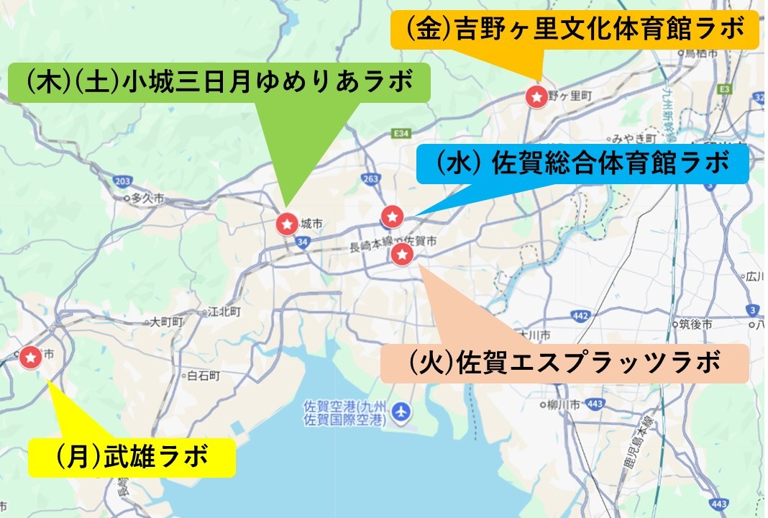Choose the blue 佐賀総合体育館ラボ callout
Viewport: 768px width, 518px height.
582,163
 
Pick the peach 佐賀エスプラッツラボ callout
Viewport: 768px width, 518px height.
564,363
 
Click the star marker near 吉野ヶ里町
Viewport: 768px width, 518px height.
536,96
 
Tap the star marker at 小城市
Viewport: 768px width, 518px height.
287,224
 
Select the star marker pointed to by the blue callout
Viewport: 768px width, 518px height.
391,215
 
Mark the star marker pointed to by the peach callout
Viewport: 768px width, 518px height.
401,254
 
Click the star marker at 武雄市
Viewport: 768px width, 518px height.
30,356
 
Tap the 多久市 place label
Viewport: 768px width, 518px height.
147,196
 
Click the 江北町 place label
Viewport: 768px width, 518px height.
223,312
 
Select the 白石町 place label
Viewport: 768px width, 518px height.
203,376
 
